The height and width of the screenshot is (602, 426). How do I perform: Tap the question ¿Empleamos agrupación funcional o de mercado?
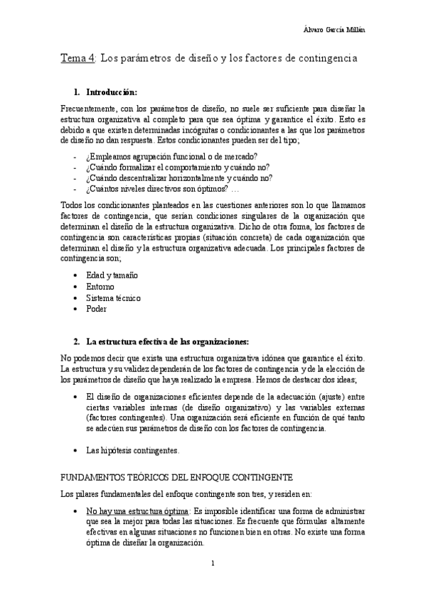171,155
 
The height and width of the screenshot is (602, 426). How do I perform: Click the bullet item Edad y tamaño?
112,275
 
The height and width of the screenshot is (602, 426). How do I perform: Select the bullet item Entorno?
100,286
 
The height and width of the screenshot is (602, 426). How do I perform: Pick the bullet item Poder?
97,309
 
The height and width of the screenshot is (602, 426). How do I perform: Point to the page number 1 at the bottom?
213,564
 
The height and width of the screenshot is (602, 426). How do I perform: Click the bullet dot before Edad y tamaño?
77,275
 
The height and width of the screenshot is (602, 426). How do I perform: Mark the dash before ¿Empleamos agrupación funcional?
75,155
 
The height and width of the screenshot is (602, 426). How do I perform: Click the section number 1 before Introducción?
76,92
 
